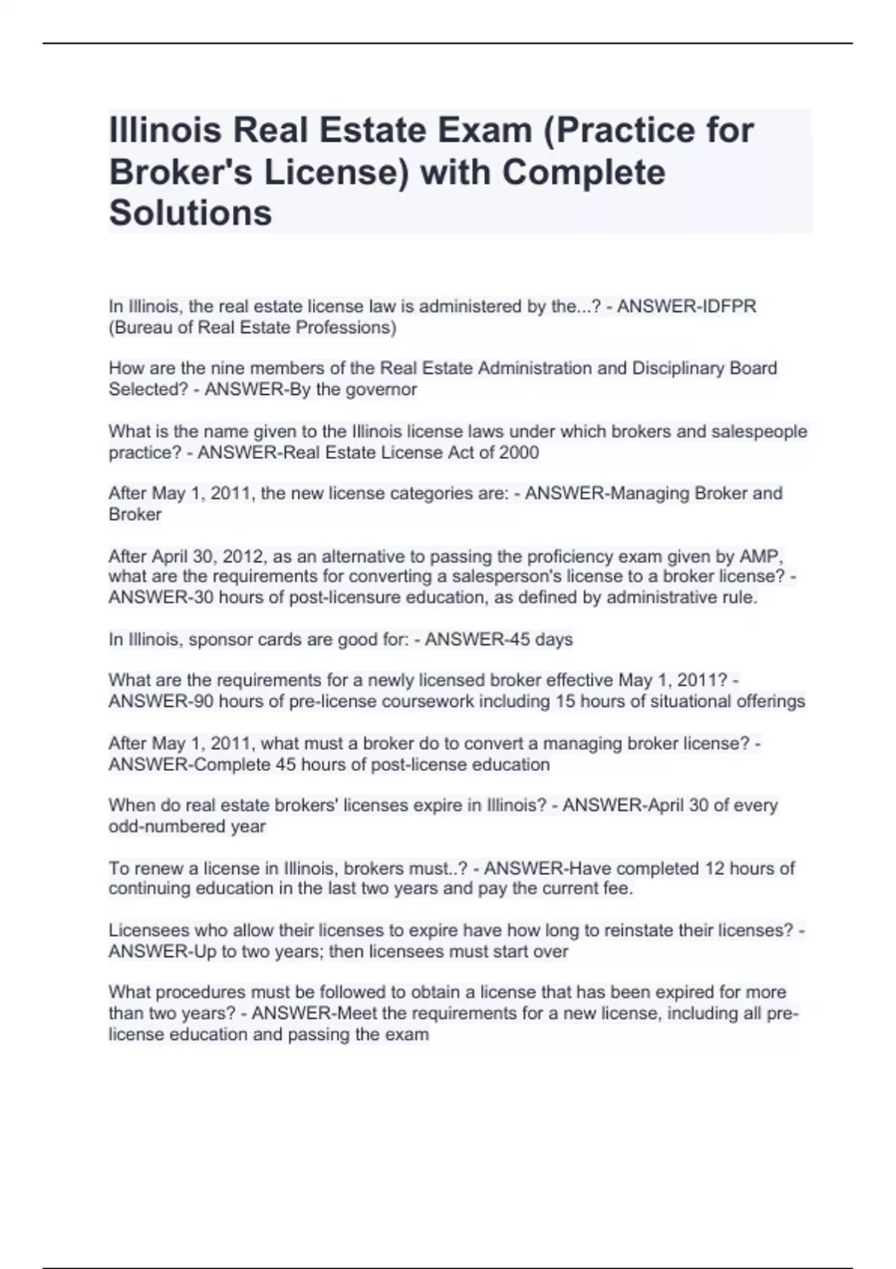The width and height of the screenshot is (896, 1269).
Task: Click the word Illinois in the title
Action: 165,131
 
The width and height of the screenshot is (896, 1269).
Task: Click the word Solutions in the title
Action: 190,213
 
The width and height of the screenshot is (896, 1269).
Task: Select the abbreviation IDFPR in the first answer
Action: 724,306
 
